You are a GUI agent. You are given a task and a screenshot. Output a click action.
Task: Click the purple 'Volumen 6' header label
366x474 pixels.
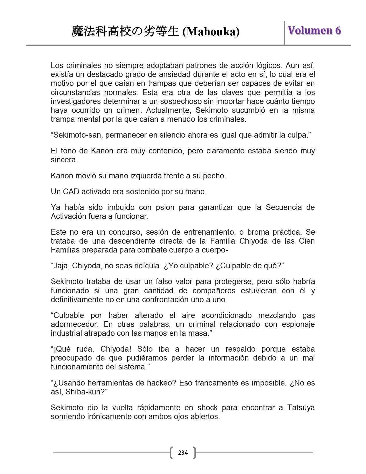[x=314, y=30]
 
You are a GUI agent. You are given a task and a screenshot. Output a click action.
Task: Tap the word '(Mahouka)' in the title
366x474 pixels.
[x=211, y=32]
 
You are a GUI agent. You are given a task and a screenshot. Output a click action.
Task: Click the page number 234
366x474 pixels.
[x=183, y=453]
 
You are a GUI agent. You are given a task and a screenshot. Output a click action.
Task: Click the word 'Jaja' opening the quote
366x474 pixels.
[x=61, y=266]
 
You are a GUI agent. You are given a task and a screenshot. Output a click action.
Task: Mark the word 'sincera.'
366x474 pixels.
[x=64, y=160]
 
